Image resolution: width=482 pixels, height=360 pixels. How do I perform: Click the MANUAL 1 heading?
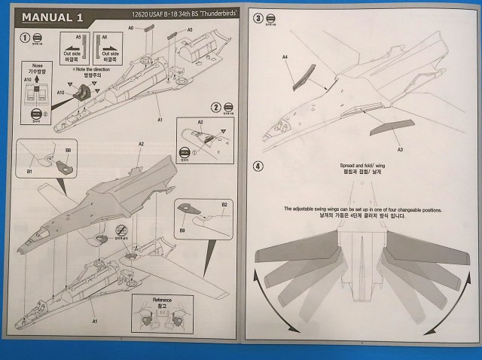(53, 17)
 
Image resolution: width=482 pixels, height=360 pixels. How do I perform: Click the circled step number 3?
(259, 17)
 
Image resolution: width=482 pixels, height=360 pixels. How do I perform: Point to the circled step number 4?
(259, 166)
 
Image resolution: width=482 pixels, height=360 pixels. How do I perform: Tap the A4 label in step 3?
(285, 56)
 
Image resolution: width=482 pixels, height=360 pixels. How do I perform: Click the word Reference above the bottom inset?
(163, 301)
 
